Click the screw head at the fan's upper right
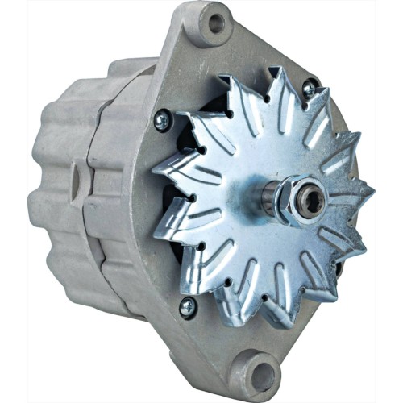coord(309,88)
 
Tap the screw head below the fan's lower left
coord(187,306)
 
